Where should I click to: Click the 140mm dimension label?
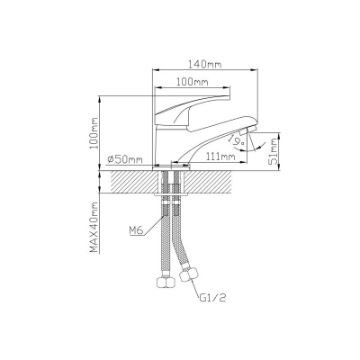204,64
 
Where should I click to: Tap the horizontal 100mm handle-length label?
192,82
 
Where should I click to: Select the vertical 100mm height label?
94,132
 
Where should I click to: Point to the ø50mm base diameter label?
124,159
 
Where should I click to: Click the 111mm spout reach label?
220,156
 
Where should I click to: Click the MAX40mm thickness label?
94,227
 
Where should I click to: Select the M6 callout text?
137,230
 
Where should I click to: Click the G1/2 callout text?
212,298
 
